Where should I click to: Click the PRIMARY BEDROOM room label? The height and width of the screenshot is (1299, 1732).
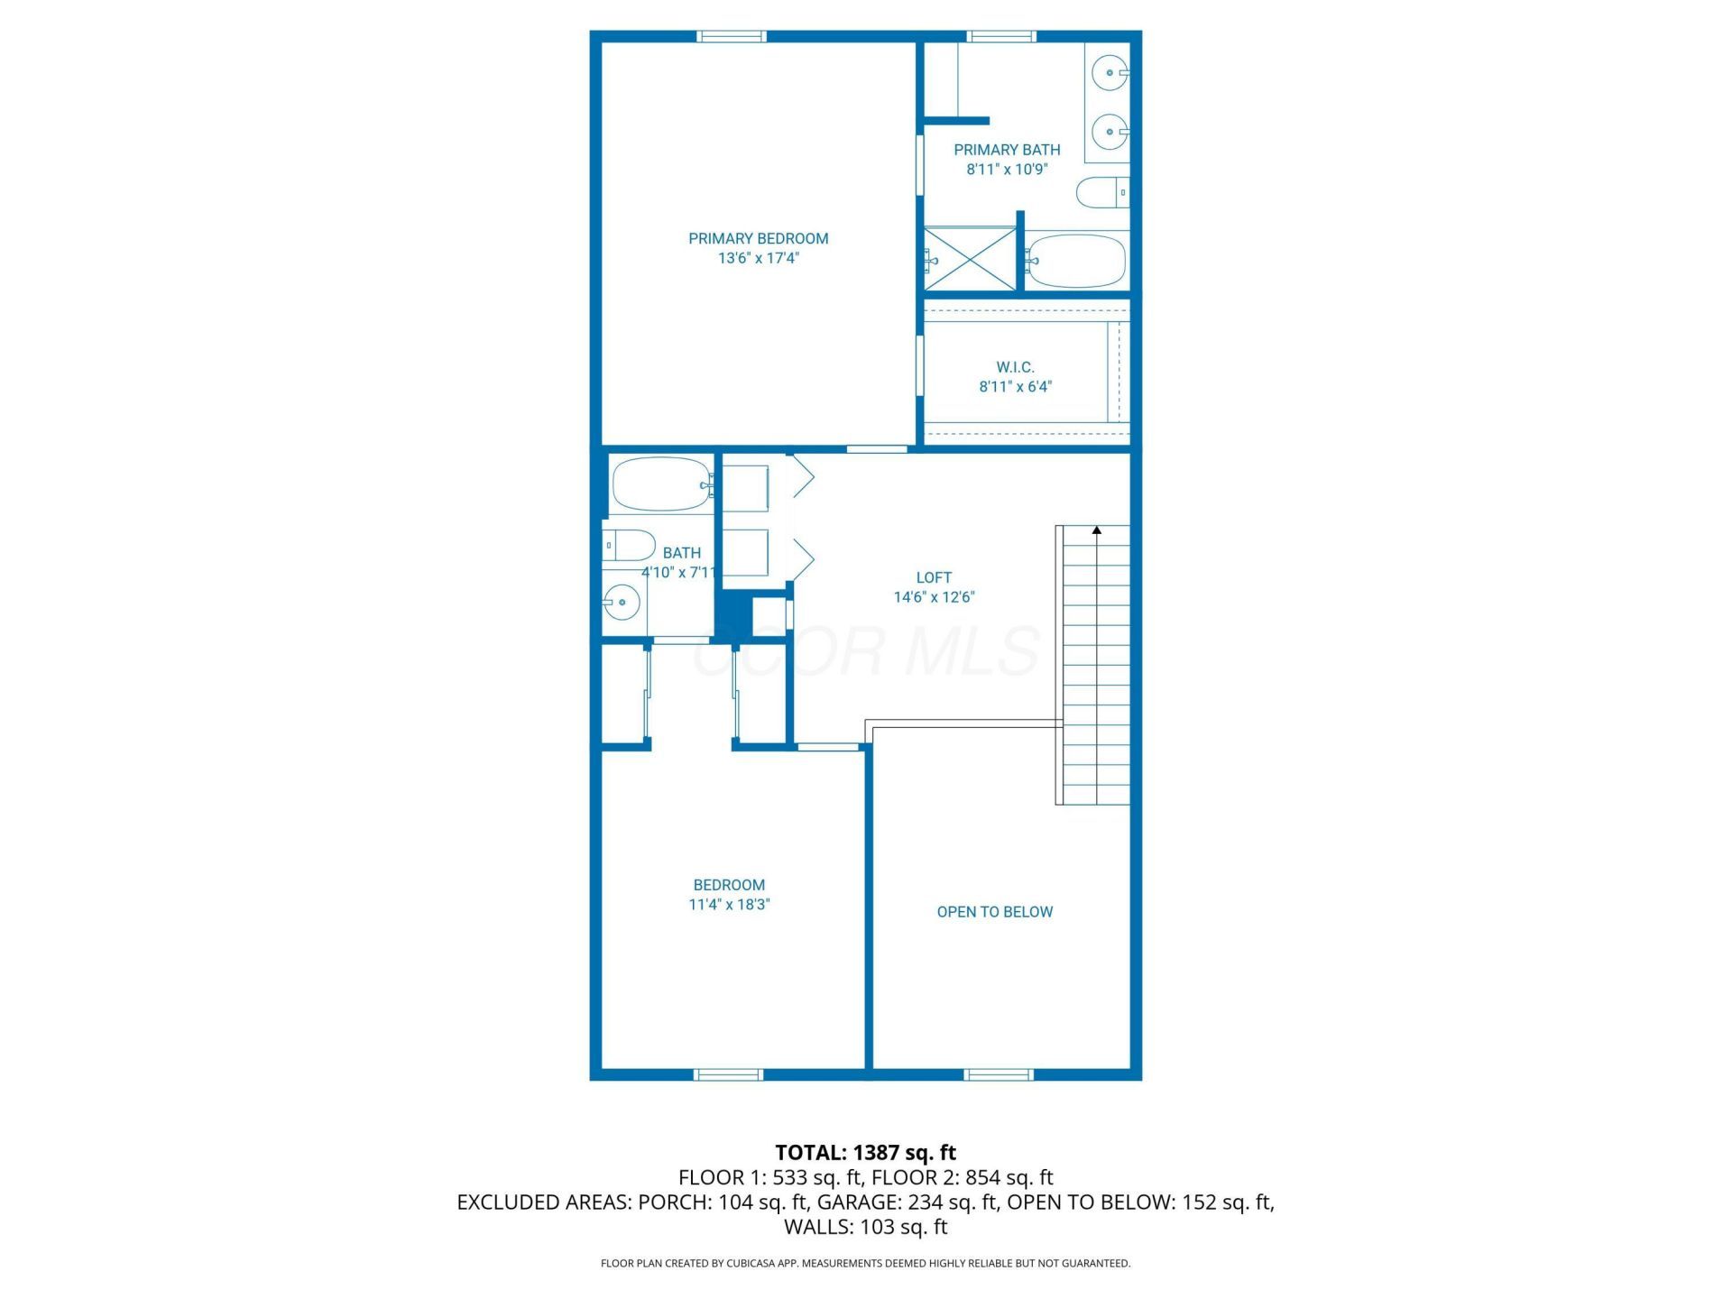[x=758, y=238]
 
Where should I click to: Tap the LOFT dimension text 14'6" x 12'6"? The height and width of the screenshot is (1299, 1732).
[x=934, y=597]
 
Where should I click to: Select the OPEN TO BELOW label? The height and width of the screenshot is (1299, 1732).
[x=994, y=912]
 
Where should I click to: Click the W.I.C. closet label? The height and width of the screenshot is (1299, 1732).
[x=1015, y=367]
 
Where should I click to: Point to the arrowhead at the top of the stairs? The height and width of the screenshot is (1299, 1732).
[x=1097, y=530]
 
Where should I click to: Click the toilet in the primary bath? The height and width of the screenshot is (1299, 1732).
[x=1102, y=192]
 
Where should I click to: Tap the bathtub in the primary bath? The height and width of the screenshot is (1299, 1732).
[x=1076, y=261]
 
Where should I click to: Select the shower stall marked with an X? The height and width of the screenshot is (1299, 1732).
[x=970, y=259]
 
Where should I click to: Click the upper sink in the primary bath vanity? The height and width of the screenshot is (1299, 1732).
[x=1110, y=70]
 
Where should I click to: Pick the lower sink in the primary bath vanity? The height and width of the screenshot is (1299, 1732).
[x=1110, y=132]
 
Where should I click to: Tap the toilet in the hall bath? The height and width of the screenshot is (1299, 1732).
[x=629, y=545]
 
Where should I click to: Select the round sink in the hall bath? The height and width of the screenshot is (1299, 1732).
[x=622, y=602]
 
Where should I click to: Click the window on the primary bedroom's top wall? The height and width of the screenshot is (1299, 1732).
[x=732, y=37]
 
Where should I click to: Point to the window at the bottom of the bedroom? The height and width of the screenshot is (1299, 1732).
[x=728, y=1074]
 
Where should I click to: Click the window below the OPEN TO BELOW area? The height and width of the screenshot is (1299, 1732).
[x=999, y=1074]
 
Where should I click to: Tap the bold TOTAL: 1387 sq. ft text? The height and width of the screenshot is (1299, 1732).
[x=866, y=1152]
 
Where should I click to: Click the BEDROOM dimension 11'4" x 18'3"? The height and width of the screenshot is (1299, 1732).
[x=729, y=905]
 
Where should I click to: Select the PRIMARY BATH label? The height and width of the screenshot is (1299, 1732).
[x=1007, y=150]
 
